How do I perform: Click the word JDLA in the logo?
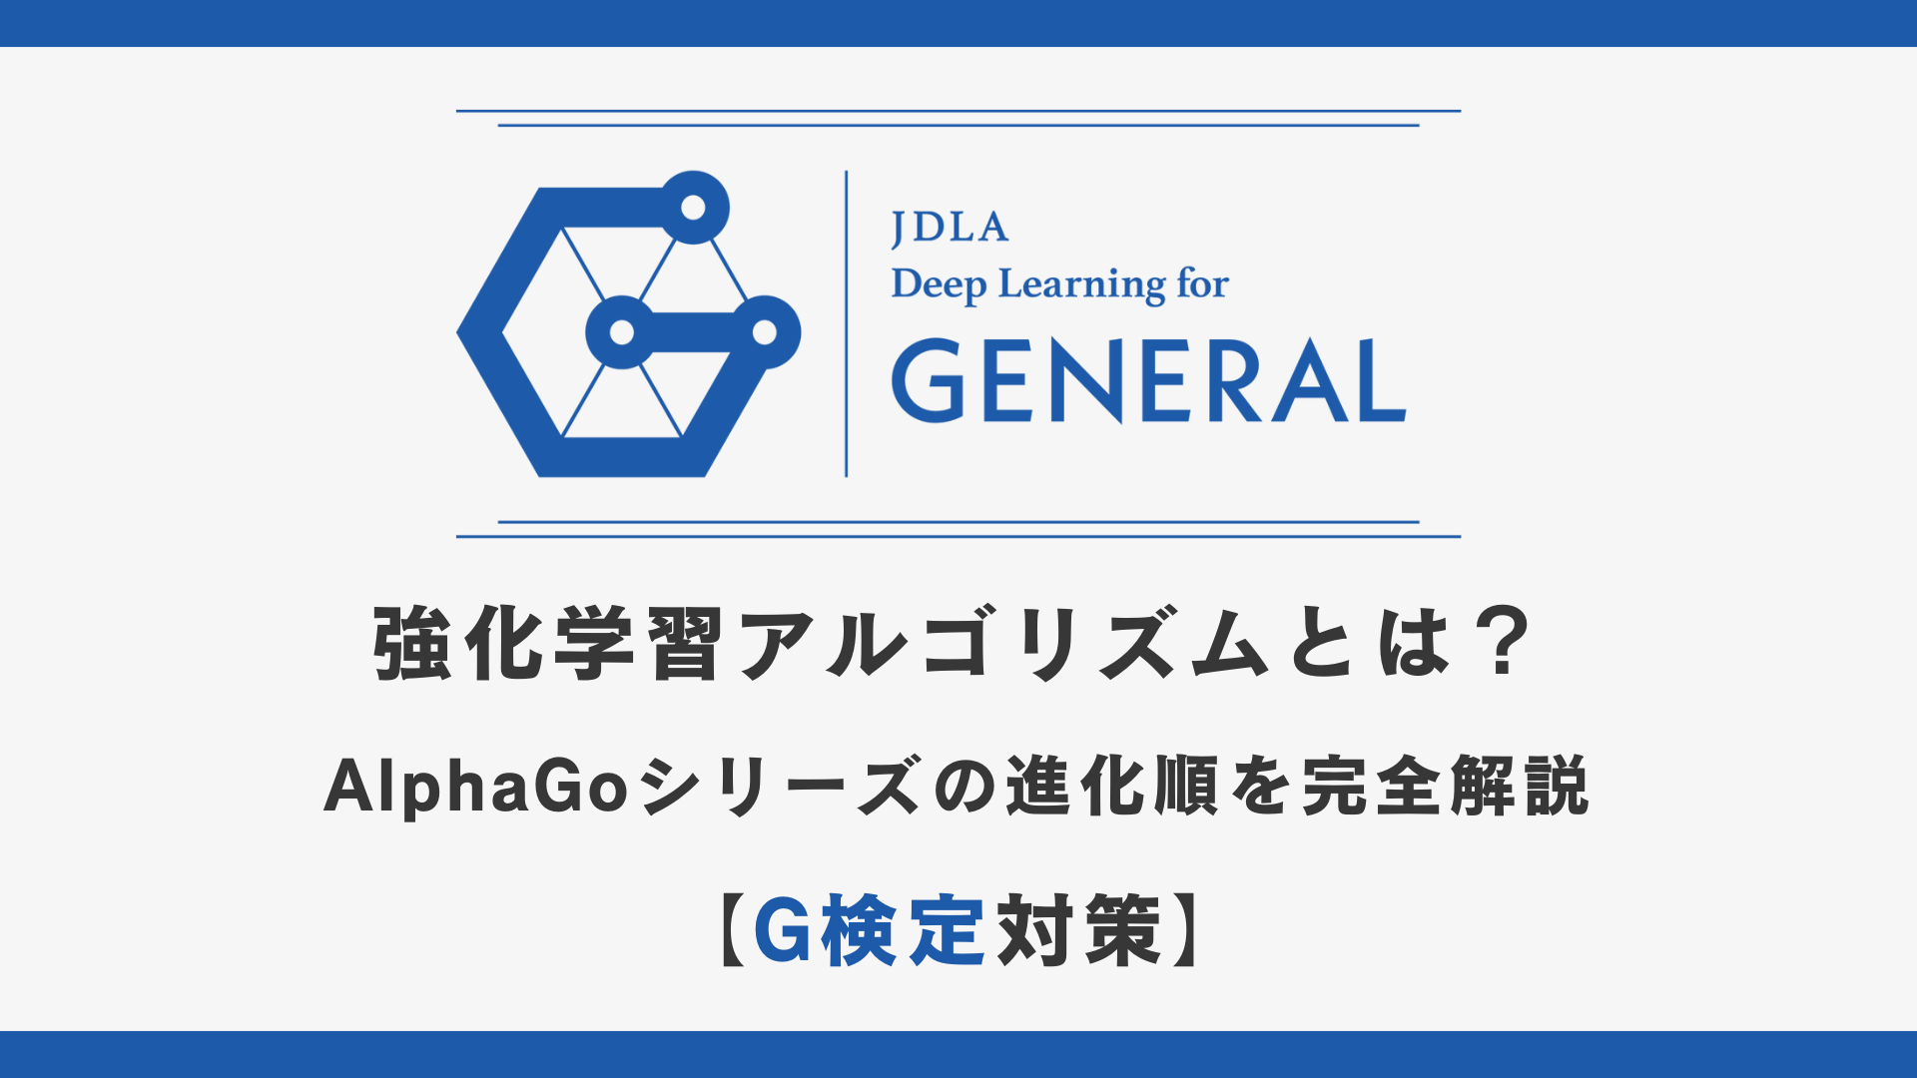point(950,229)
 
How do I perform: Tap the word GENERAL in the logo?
point(1149,380)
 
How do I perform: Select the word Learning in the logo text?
point(1082,285)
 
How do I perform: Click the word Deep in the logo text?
point(939,285)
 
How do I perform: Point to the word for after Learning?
point(1203,283)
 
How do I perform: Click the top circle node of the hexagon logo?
point(693,208)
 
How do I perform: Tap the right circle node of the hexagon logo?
point(765,332)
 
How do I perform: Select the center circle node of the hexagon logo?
point(622,332)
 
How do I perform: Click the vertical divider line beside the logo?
point(847,323)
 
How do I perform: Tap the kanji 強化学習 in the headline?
point(548,644)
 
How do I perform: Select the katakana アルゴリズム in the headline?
point(1002,644)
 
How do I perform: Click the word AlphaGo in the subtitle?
point(476,789)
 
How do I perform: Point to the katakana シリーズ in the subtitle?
point(780,788)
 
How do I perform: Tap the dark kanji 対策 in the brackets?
point(1080,930)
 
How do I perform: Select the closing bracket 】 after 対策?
point(1185,930)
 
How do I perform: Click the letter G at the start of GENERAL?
point(929,380)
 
